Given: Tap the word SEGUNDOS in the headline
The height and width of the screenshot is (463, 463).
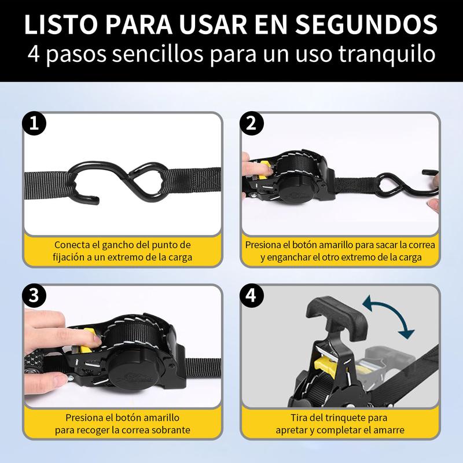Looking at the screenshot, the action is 366,24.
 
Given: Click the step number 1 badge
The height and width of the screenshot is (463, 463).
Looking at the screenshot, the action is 34,123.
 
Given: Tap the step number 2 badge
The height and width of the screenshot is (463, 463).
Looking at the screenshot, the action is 251,123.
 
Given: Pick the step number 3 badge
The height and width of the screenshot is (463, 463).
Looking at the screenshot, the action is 34,296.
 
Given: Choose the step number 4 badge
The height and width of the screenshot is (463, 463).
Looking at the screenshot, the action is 251,296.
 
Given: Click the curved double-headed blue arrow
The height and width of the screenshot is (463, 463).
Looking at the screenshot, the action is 388,316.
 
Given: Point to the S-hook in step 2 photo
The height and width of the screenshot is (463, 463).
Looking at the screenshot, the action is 407,183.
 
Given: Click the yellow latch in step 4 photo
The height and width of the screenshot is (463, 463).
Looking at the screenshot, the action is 324,365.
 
